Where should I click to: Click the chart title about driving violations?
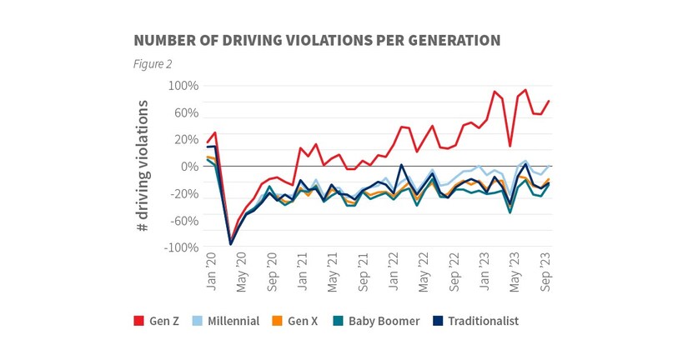tap(316, 40)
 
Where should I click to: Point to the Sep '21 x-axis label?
tap(363, 273)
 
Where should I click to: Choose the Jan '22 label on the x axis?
tap(394, 273)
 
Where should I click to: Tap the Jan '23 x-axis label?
tap(485, 273)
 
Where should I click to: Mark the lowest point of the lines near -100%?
tap(231, 244)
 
